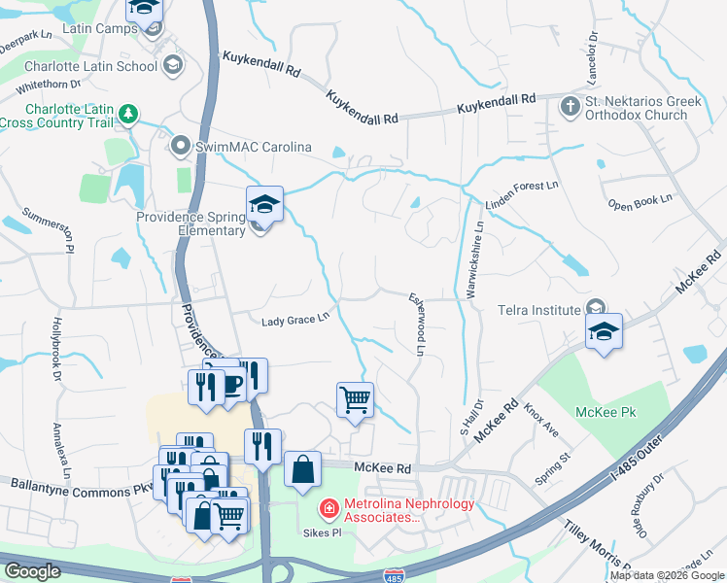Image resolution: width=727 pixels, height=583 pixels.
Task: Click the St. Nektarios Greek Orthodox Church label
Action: coord(636,108)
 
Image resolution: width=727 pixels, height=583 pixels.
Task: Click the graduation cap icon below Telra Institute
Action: coord(603,330)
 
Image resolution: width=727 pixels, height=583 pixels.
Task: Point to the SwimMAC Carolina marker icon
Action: coord(179,147)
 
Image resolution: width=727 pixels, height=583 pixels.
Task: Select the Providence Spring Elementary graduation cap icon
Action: coord(263,204)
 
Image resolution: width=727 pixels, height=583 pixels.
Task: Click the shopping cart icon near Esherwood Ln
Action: coord(355,397)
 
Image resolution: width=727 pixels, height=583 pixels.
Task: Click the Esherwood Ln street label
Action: coord(418,324)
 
